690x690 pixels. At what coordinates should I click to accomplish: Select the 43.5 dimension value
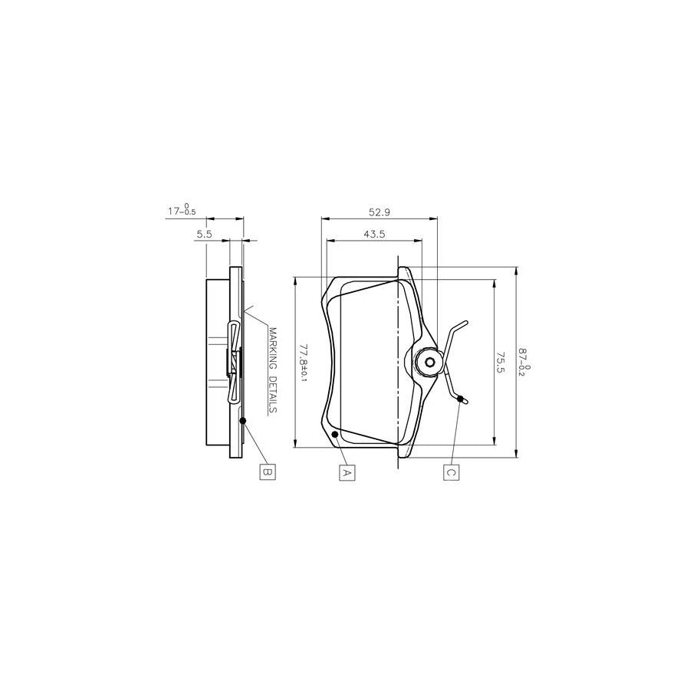tap(373, 234)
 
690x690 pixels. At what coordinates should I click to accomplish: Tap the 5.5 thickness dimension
tap(203, 235)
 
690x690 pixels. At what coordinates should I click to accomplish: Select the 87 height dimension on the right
tap(524, 361)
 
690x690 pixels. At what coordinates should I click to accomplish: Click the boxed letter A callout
tap(347, 472)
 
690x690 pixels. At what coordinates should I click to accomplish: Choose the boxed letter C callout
tap(451, 472)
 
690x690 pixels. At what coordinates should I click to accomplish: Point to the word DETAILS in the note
tap(272, 389)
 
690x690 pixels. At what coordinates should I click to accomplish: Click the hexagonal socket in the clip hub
tap(429, 363)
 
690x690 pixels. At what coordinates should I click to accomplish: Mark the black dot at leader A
tap(335, 435)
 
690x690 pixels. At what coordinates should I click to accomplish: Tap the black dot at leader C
tap(460, 399)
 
